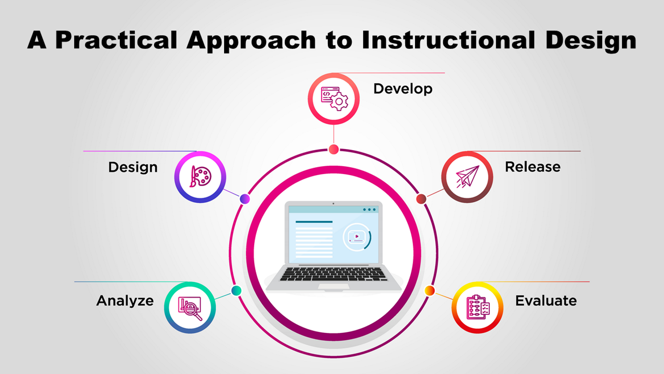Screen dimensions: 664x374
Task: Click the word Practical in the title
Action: [x=116, y=40]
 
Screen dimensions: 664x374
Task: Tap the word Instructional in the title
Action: [x=448, y=40]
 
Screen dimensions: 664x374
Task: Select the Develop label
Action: [x=403, y=89]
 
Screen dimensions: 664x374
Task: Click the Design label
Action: [x=133, y=168]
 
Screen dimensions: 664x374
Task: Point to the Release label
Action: [x=533, y=167]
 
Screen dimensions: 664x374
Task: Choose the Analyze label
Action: [x=125, y=301]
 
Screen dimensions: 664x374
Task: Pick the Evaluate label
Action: [x=546, y=301]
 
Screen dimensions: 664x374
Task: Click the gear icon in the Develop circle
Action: [x=339, y=102]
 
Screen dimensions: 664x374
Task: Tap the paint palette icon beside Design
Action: [x=201, y=176]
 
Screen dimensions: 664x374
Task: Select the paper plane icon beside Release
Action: [x=468, y=176]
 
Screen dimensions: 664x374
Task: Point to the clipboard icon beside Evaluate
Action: [x=478, y=307]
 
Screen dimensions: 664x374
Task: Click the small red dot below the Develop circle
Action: [x=334, y=149]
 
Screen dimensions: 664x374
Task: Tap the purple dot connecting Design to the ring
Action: [x=245, y=199]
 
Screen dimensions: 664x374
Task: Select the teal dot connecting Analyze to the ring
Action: [x=236, y=290]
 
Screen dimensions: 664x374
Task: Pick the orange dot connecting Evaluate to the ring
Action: [x=430, y=290]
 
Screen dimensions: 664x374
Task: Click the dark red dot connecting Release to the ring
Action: [x=421, y=199]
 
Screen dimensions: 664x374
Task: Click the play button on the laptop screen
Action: [x=357, y=236]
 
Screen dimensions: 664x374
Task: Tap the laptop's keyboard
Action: [x=333, y=274]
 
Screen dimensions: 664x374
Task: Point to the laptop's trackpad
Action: [x=334, y=286]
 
